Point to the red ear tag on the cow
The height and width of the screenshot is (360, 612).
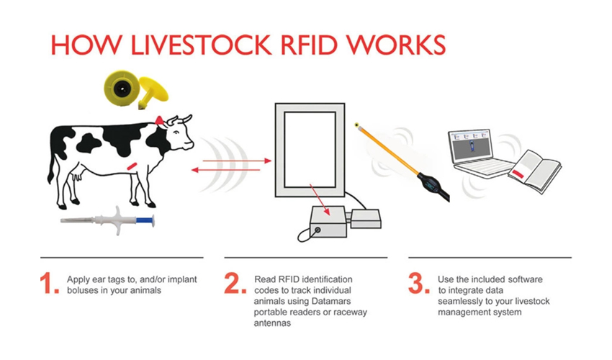pyautogui.click(x=160, y=121)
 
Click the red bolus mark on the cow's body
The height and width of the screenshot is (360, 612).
pyautogui.click(x=132, y=166)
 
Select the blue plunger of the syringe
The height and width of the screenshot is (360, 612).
pyautogui.click(x=145, y=220)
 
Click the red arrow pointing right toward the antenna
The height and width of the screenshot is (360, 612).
pyautogui.click(x=237, y=161)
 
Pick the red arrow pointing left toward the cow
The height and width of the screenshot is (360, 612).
pyautogui.click(x=225, y=170)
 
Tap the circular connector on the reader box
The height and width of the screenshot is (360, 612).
pyautogui.click(x=318, y=230)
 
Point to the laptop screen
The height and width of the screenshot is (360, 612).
pyautogui.click(x=471, y=145)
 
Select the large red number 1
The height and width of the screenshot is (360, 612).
pyautogui.click(x=50, y=283)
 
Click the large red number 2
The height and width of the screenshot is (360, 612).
pyautogui.click(x=235, y=283)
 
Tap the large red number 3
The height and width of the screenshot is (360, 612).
pyautogui.click(x=419, y=283)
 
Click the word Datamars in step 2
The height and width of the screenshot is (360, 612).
pyautogui.click(x=331, y=301)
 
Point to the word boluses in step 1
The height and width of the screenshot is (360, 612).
pyautogui.click(x=82, y=290)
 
